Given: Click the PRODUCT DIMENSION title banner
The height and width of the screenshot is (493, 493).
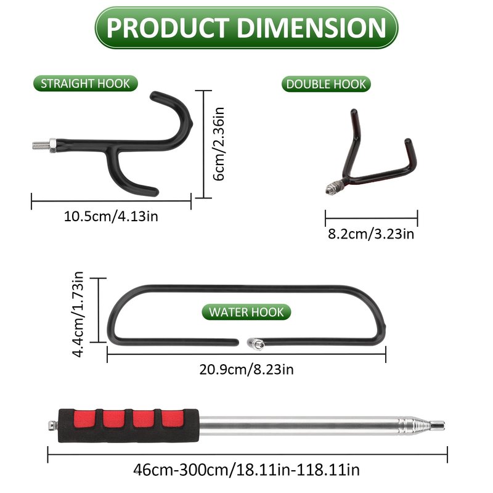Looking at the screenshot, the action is [x=246, y=28].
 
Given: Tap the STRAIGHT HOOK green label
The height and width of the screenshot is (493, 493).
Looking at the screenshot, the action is [x=86, y=83].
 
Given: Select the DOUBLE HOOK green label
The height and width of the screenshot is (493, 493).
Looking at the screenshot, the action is [x=326, y=84].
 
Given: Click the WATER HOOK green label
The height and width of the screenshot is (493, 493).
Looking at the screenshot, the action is [x=246, y=312].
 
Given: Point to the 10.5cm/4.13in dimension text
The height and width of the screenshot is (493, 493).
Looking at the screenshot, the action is [x=111, y=216].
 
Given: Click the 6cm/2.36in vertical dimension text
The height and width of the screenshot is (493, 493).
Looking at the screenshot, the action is [x=219, y=144].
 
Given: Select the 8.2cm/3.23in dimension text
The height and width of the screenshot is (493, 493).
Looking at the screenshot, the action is [x=371, y=234].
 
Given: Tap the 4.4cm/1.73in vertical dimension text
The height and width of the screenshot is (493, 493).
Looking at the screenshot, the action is [x=78, y=314].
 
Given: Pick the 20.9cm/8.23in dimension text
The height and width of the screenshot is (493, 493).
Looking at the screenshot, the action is [x=246, y=369].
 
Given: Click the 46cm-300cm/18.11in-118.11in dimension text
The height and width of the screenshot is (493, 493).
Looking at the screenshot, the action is [x=246, y=470].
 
